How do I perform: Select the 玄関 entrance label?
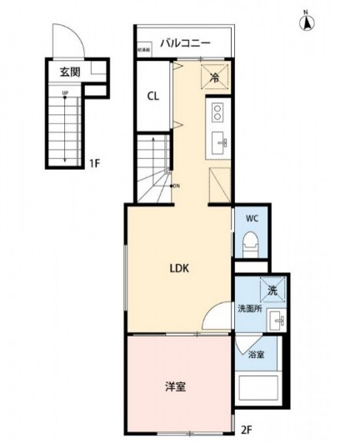click(x=69, y=72)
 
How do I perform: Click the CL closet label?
click(x=153, y=97)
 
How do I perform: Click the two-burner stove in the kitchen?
click(x=219, y=112)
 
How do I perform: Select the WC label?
click(x=252, y=220)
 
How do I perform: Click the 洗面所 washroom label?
click(x=250, y=309)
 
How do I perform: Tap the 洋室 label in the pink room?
click(x=174, y=386)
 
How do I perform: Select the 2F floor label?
click(x=246, y=430)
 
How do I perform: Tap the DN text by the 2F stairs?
click(x=176, y=186)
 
